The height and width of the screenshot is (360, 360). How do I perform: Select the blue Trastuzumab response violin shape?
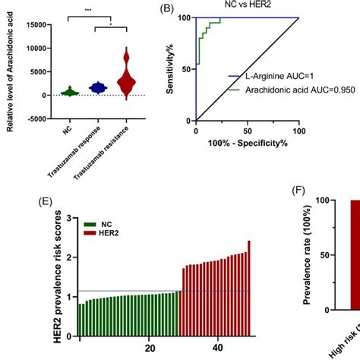point(96,88)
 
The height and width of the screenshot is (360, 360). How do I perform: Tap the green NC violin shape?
point(69,92)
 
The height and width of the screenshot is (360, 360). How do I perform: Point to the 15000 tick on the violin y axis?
point(32,25)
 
